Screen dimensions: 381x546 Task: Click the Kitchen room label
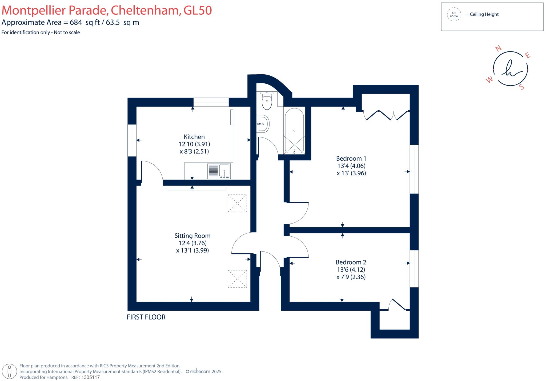coord(194,137)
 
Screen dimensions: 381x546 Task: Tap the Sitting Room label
coord(192,236)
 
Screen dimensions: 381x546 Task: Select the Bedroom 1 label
coord(351,159)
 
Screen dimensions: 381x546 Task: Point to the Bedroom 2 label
coord(351,262)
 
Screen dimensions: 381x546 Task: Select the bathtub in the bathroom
coord(294,131)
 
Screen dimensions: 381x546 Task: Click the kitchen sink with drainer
coord(219,171)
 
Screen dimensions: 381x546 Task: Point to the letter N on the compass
coord(498,48)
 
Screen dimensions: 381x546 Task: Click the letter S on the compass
coord(522,87)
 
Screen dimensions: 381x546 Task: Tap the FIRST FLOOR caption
coord(146,317)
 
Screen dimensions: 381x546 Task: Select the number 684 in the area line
coord(76,22)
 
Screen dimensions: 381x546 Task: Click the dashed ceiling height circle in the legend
coord(454,14)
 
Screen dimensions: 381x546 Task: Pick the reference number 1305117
coord(90,377)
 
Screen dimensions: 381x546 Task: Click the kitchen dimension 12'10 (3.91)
coord(194,144)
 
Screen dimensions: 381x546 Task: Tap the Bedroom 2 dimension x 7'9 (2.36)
coord(351,277)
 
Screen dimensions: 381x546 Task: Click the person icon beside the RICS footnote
coord(10,371)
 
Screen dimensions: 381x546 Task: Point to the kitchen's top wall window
coord(211,102)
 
